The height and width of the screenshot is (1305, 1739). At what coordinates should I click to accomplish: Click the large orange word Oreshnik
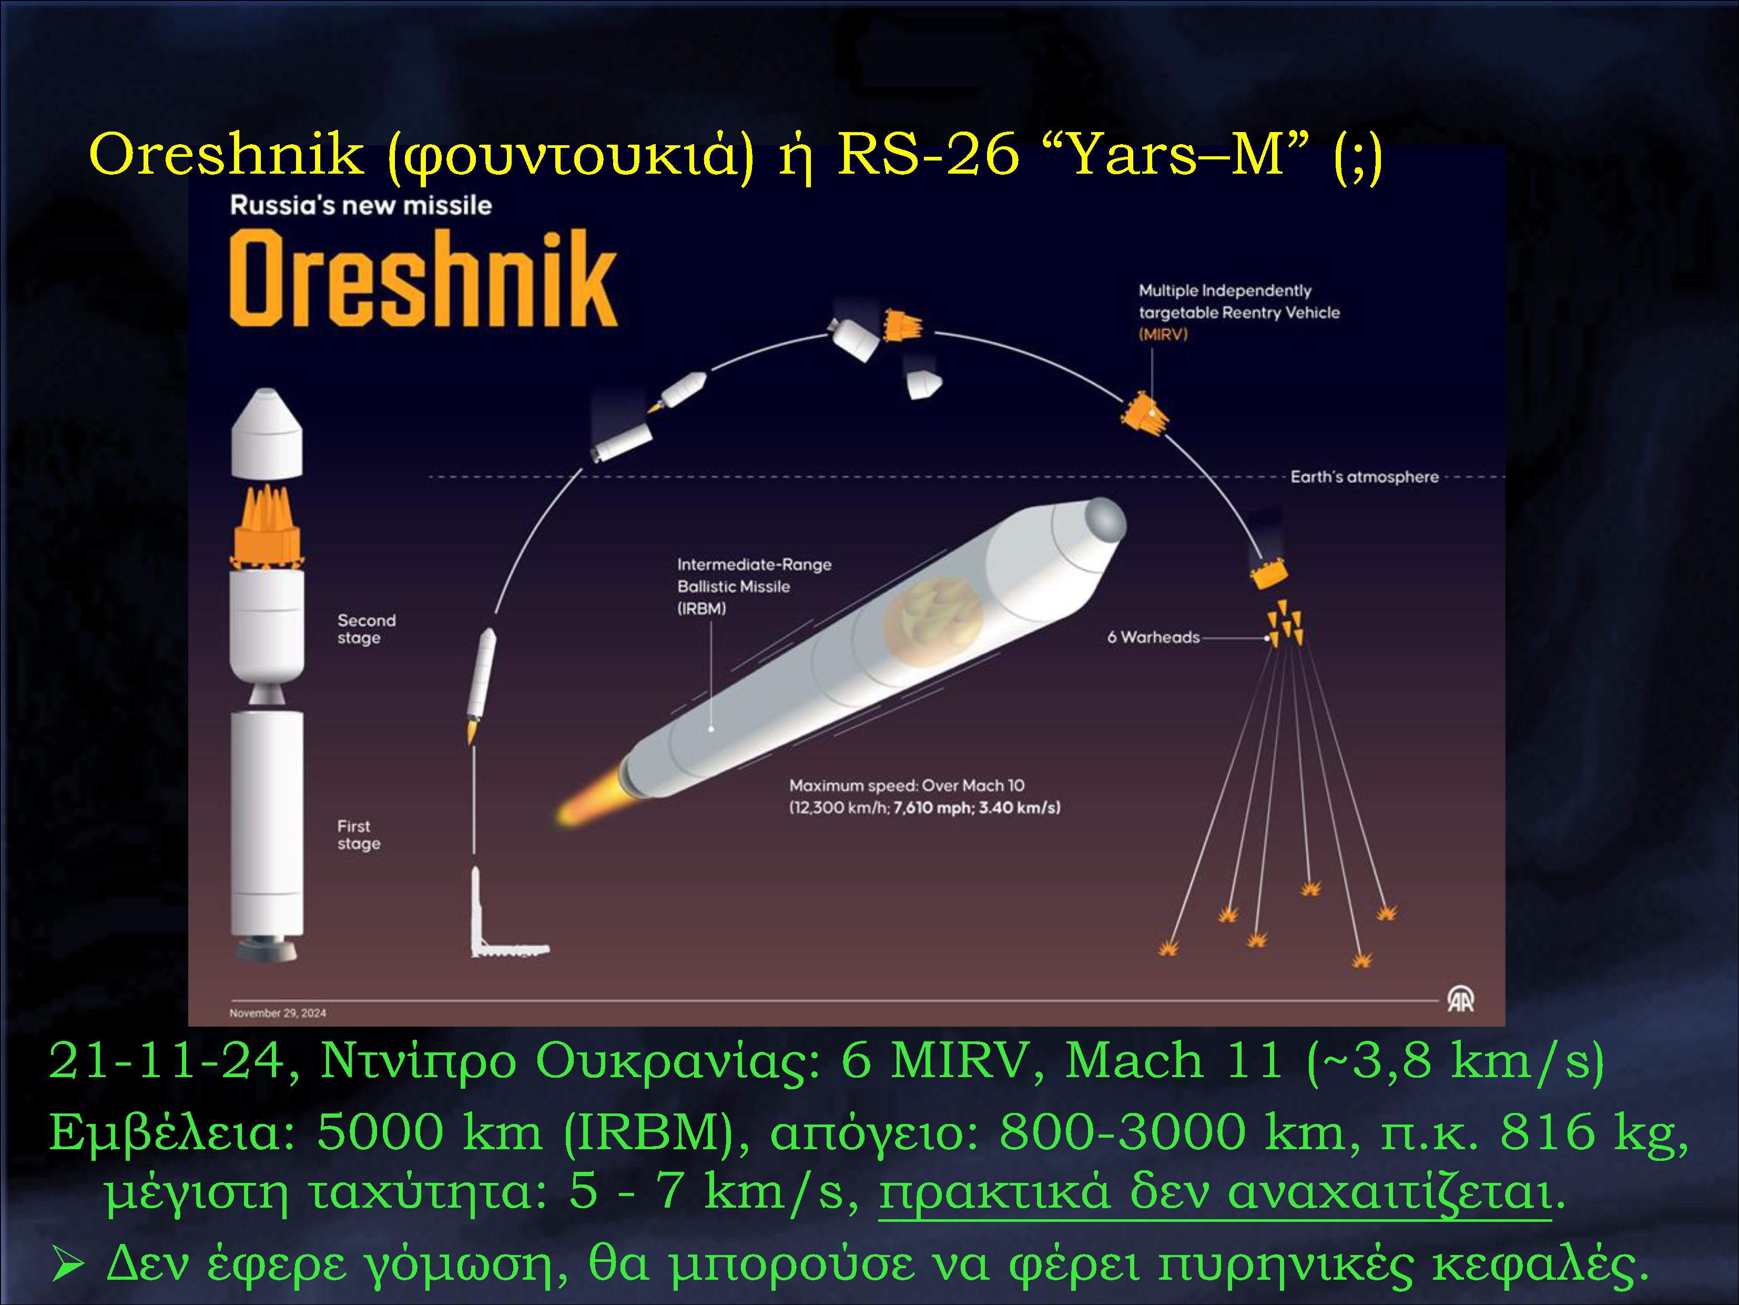pyautogui.click(x=423, y=278)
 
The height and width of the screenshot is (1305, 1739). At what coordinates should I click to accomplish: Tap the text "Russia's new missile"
pyautogui.click(x=361, y=205)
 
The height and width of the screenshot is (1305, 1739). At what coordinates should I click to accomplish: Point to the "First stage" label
pyautogui.click(x=359, y=835)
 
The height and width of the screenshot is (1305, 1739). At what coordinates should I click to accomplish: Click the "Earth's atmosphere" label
pyautogui.click(x=1364, y=477)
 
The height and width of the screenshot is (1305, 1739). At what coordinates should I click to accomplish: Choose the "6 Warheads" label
pyautogui.click(x=1153, y=637)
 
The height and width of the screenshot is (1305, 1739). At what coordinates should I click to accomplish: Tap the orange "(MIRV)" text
pyautogui.click(x=1163, y=334)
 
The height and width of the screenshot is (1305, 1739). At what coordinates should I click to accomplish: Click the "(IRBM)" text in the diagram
pyautogui.click(x=701, y=609)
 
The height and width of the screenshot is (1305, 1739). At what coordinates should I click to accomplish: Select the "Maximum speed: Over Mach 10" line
pyautogui.click(x=907, y=785)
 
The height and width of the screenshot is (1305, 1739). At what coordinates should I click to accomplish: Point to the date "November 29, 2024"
pyautogui.click(x=278, y=1013)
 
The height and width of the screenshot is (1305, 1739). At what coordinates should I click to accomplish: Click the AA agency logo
pyautogui.click(x=1460, y=1000)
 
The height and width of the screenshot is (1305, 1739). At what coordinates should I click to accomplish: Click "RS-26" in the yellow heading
pyautogui.click(x=928, y=154)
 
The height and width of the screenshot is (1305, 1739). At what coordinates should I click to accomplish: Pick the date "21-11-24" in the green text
pyautogui.click(x=167, y=1061)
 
